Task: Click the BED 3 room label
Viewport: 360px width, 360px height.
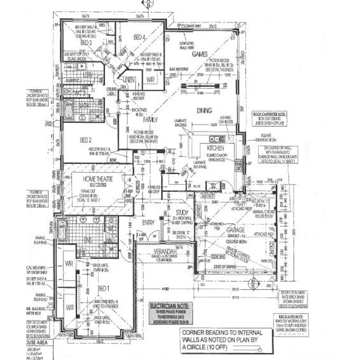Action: click(x=86, y=42)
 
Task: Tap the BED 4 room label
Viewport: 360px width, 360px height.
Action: click(x=139, y=37)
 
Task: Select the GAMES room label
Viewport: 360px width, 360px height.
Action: click(x=199, y=54)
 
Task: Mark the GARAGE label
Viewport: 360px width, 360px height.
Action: click(x=236, y=230)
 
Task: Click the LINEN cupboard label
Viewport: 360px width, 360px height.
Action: click(x=128, y=79)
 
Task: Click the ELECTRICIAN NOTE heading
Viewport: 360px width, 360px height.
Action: click(x=171, y=306)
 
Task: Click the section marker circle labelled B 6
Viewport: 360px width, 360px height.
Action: click(x=253, y=284)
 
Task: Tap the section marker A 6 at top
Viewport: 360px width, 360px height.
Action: click(x=148, y=4)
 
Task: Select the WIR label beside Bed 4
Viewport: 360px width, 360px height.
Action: click(x=150, y=80)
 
